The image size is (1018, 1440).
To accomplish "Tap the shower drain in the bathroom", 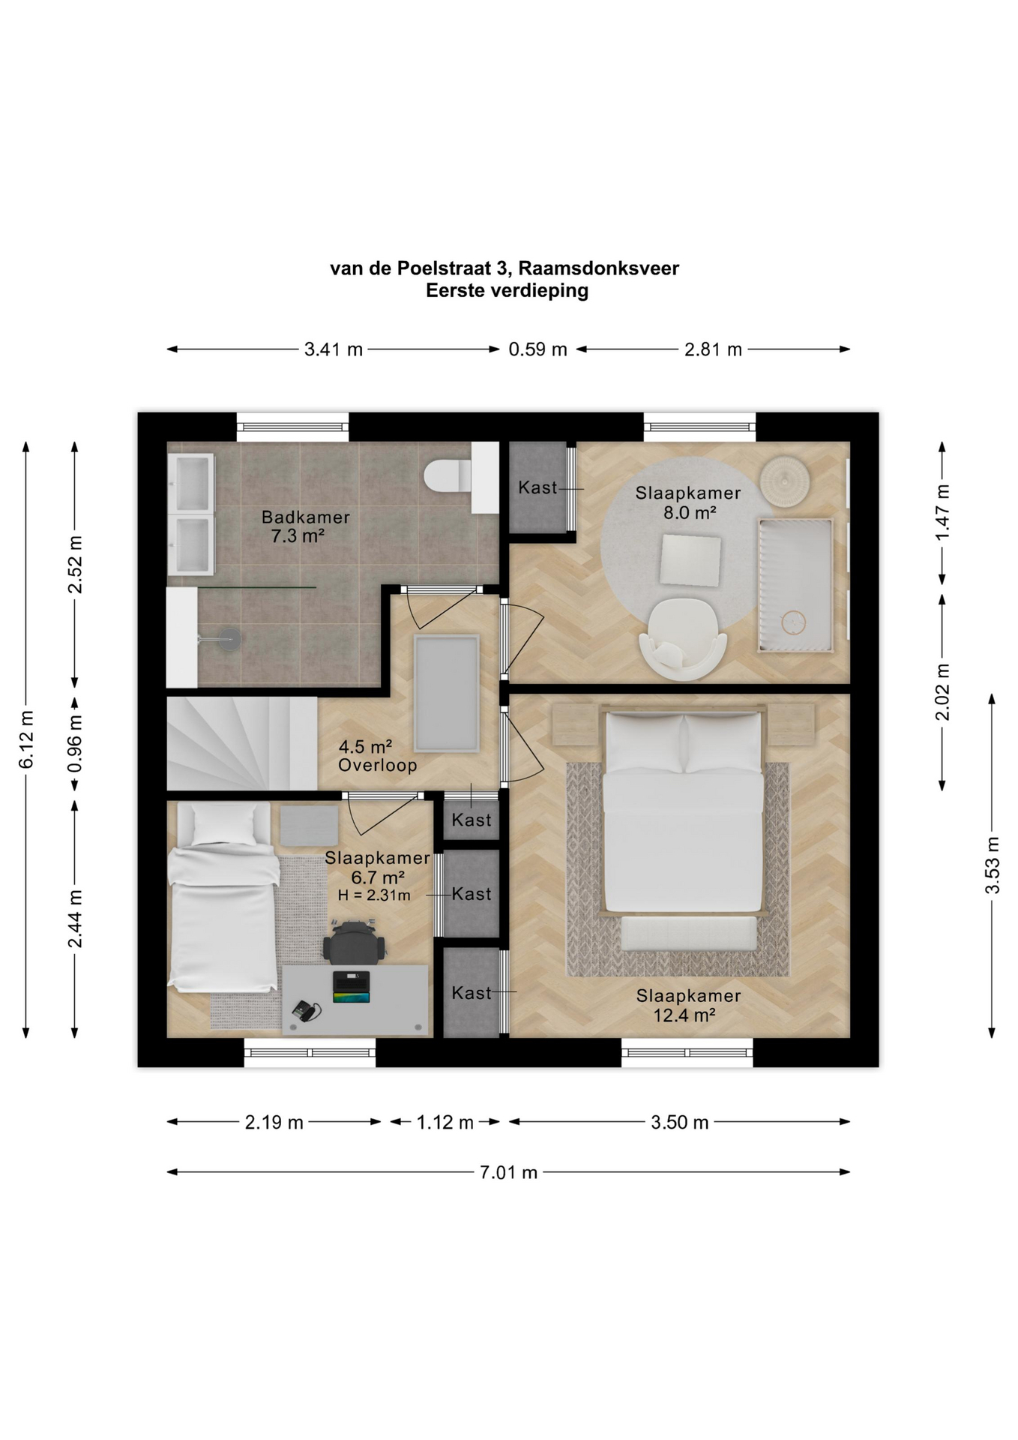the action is click(x=231, y=639).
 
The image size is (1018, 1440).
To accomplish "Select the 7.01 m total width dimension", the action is click(x=508, y=1171).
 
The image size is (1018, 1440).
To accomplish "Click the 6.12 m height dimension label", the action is click(x=26, y=739).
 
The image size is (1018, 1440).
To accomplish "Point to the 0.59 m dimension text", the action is click(x=537, y=349).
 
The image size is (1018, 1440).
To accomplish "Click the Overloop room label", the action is click(x=377, y=766).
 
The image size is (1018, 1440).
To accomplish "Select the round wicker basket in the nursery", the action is click(x=786, y=481).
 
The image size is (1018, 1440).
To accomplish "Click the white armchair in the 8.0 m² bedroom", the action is click(x=682, y=638).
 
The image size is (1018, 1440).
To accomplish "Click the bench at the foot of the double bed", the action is click(x=688, y=934).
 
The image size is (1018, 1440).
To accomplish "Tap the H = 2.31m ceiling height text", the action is click(x=374, y=895).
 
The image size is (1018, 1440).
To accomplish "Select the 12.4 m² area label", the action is click(x=684, y=1015).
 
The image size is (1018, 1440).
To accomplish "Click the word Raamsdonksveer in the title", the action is click(x=598, y=268).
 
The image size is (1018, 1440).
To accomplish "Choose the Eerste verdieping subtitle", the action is click(x=508, y=291).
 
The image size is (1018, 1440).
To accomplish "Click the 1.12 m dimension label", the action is click(x=445, y=1122).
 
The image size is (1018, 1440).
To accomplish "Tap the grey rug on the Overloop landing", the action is click(x=447, y=693).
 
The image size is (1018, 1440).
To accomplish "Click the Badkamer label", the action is click(x=306, y=517).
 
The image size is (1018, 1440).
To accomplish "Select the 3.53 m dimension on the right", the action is click(x=993, y=865).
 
